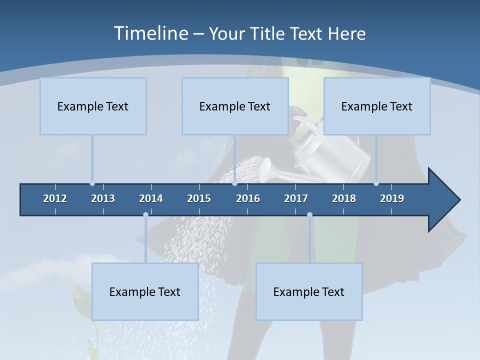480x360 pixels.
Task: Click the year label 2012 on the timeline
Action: [55, 198]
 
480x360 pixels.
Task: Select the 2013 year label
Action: [103, 198]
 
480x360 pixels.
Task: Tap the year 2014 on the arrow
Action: [151, 198]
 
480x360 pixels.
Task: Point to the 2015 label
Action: [199, 198]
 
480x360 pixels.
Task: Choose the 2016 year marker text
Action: [248, 198]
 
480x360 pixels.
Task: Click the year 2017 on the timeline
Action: [296, 198]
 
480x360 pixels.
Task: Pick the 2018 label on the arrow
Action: [344, 198]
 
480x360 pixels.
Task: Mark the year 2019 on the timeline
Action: [392, 198]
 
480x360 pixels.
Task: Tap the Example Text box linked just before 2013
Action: [93, 106]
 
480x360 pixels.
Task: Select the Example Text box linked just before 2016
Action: [235, 106]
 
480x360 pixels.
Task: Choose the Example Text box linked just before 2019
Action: [377, 106]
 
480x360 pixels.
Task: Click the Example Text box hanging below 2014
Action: [145, 291]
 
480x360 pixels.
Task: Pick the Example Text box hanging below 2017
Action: [309, 291]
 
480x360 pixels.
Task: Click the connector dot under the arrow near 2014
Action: [145, 214]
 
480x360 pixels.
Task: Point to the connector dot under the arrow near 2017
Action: [309, 214]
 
